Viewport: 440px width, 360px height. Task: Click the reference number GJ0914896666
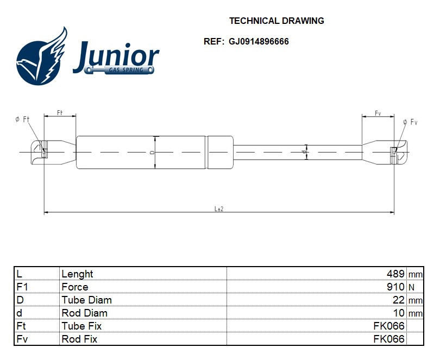tap(259, 41)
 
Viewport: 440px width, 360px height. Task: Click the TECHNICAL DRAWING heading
tap(276, 21)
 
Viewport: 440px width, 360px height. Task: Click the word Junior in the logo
tap(116, 56)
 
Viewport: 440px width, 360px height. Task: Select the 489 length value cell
tap(395, 274)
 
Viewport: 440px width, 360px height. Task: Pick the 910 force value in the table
tap(395, 287)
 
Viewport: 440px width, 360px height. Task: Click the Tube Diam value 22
tap(399, 300)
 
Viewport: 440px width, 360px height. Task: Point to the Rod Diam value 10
tap(399, 313)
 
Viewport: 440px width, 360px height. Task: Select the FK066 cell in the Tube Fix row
tap(389, 326)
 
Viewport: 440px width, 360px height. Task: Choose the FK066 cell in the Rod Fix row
tap(389, 339)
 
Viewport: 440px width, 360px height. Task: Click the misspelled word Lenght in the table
tap(77, 274)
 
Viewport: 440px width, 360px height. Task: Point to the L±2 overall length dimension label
tap(219, 209)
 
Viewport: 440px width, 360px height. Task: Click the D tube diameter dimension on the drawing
tap(153, 153)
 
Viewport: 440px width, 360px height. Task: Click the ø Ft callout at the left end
tap(22, 119)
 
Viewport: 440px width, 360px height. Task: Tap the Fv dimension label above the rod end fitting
tap(378, 113)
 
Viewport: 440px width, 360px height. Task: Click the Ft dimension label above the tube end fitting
tap(60, 112)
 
